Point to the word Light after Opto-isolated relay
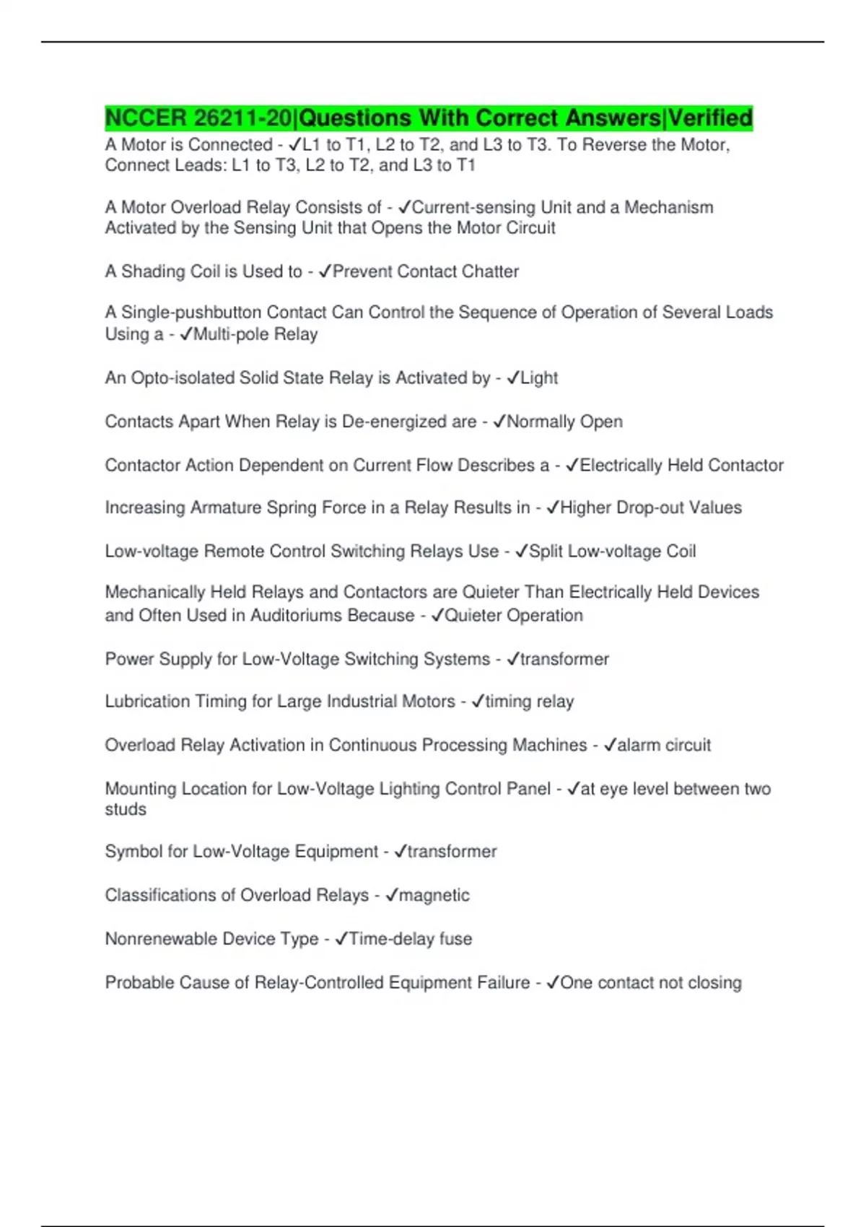pyautogui.click(x=539, y=377)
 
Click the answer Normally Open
pyautogui.click(x=564, y=422)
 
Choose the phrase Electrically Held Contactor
pyautogui.click(x=681, y=465)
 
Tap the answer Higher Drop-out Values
pyautogui.click(x=650, y=507)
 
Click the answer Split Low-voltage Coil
pyautogui.click(x=612, y=551)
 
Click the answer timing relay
pyautogui.click(x=529, y=702)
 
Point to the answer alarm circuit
pyautogui.click(x=663, y=745)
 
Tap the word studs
pyautogui.click(x=126, y=809)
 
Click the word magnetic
pyautogui.click(x=434, y=895)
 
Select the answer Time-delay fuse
pyautogui.click(x=410, y=939)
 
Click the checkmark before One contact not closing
pyautogui.click(x=553, y=982)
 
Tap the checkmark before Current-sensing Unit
pyautogui.click(x=404, y=207)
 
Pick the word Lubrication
pyautogui.click(x=147, y=702)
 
